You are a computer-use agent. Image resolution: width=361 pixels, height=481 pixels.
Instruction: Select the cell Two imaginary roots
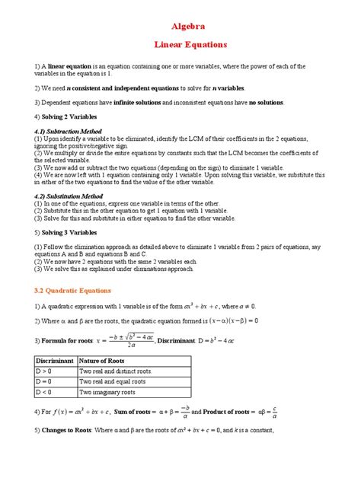tap(107, 392)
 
